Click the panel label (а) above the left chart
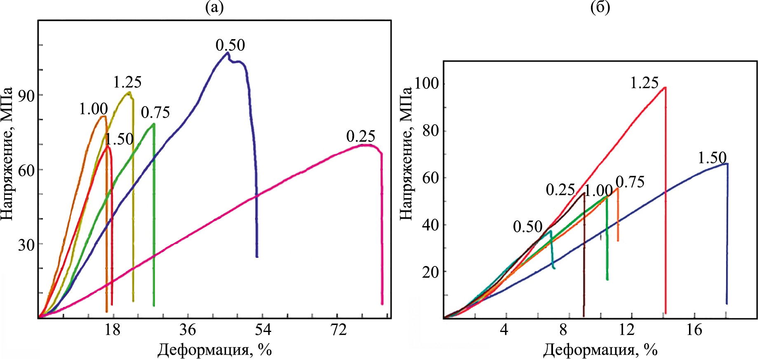coord(214,8)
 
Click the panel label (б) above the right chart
coord(600,8)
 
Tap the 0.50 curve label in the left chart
coord(230,45)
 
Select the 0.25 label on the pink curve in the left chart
coord(361,136)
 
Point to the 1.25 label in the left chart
coord(127,82)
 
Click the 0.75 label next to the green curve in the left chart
coord(155,112)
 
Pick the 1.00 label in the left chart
coord(94,109)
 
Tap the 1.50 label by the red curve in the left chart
coord(119,139)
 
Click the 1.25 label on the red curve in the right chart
coord(644,83)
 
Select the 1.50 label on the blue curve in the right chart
coord(712,158)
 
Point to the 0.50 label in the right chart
coord(527,227)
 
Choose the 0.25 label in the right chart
coord(560,189)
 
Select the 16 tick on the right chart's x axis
coord(694,330)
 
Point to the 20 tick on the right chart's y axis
coord(431,272)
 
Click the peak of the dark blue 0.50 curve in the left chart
coord(227,53)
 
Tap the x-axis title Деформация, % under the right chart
coord(600,350)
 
